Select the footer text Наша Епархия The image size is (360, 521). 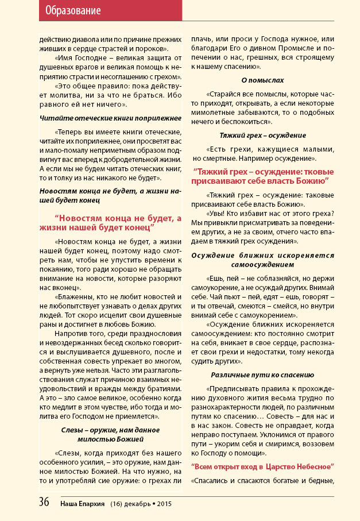point(83,503)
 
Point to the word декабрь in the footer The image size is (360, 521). point(140,503)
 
